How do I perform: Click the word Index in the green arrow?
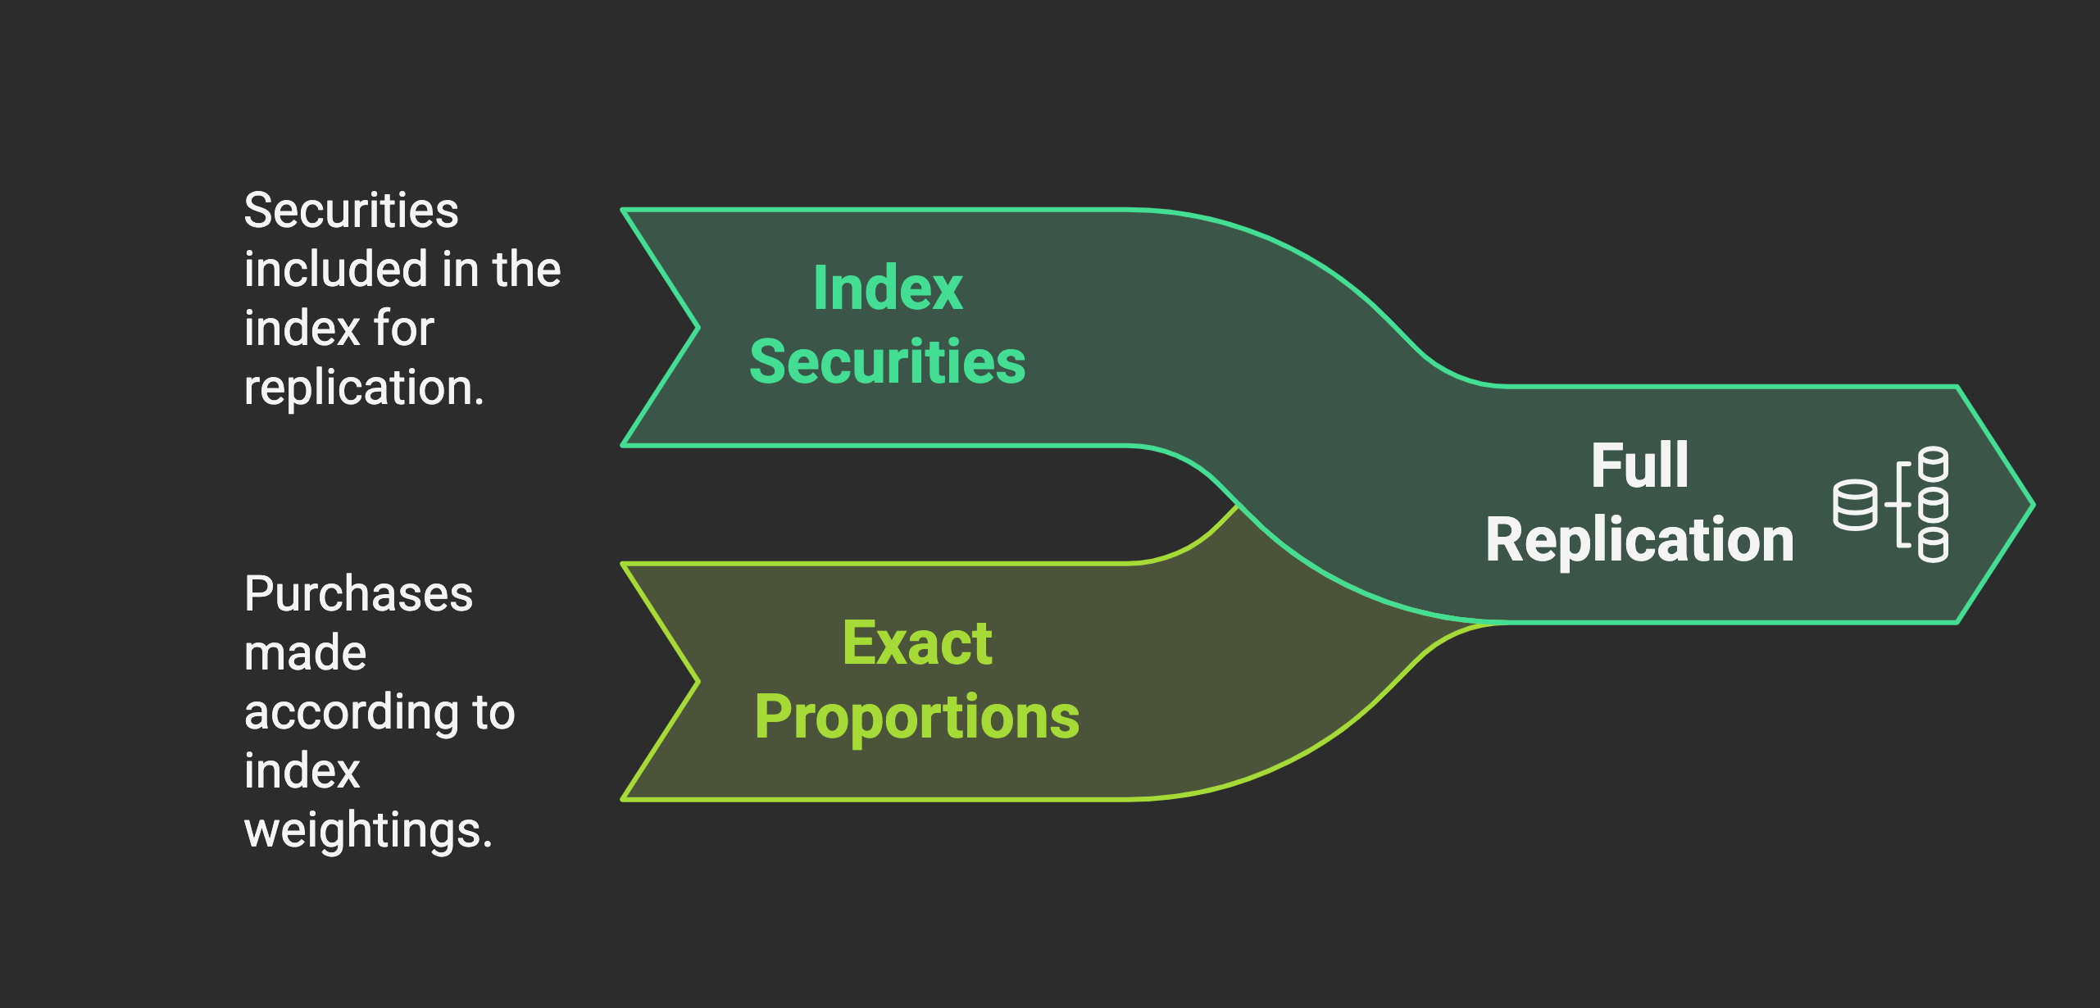[887, 289]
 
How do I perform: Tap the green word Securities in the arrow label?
[887, 362]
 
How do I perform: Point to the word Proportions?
[916, 717]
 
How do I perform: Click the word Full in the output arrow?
[1639, 465]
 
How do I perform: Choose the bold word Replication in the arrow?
[1639, 540]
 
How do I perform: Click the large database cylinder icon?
[1854, 505]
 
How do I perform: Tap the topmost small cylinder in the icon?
[1934, 465]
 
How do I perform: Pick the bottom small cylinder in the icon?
[1934, 545]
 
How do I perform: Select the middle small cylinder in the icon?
[1934, 505]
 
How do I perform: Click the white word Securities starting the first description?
[351, 211]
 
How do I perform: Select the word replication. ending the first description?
[364, 388]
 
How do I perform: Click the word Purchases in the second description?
[358, 594]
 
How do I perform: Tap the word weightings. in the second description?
[368, 830]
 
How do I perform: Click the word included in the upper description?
[337, 270]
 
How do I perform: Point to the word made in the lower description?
[305, 653]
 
